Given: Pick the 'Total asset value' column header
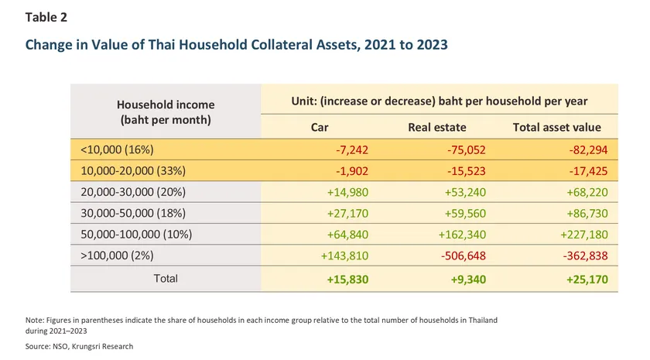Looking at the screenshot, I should click(556, 127).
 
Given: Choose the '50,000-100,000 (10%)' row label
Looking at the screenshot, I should click(135, 235).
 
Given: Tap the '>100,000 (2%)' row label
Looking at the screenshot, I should click(115, 256).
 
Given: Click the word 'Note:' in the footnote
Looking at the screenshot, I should click(35, 319).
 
